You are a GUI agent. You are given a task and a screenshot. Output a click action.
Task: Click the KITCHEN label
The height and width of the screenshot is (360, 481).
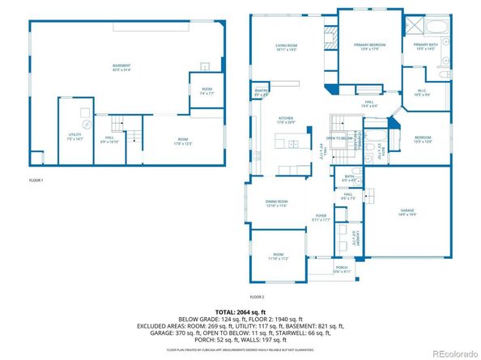[286, 118]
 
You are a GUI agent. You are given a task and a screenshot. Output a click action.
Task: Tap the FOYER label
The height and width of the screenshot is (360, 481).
[321, 215]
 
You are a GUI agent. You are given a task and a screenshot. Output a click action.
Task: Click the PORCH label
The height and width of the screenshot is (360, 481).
[341, 269]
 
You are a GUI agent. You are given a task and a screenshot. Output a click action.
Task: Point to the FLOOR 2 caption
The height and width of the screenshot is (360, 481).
[258, 297]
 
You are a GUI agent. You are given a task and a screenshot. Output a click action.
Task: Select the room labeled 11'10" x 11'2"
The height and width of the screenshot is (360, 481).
[277, 256]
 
